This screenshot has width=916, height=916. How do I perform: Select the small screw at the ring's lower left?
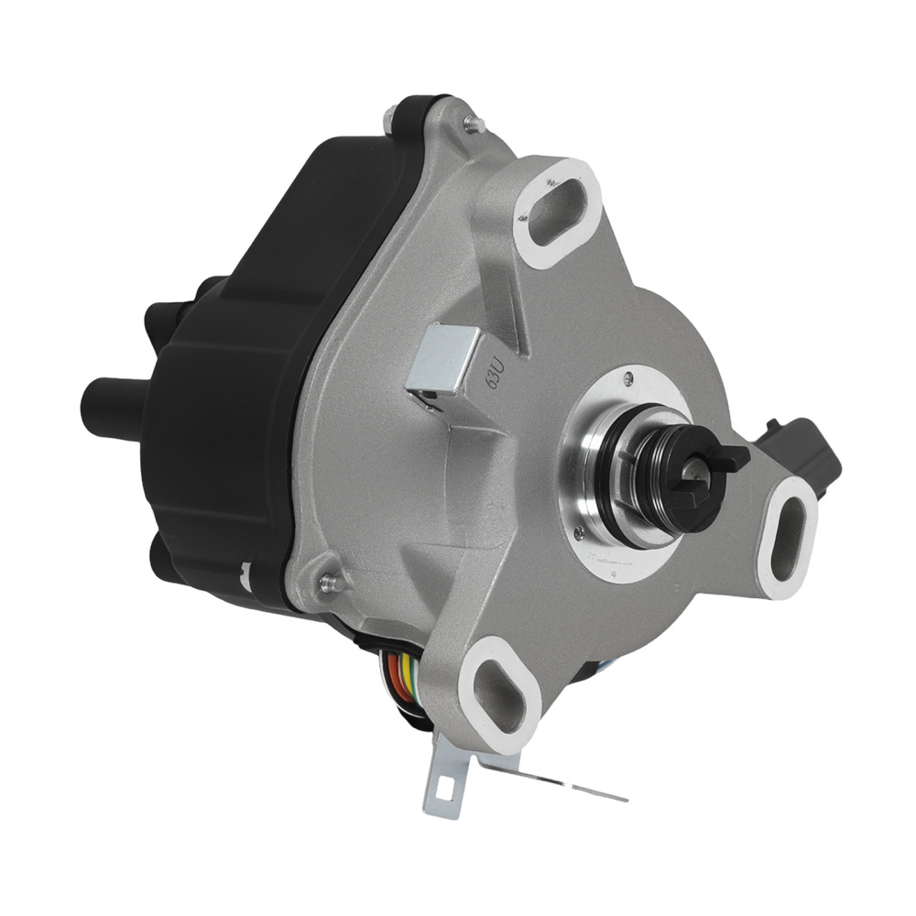(580, 526)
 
